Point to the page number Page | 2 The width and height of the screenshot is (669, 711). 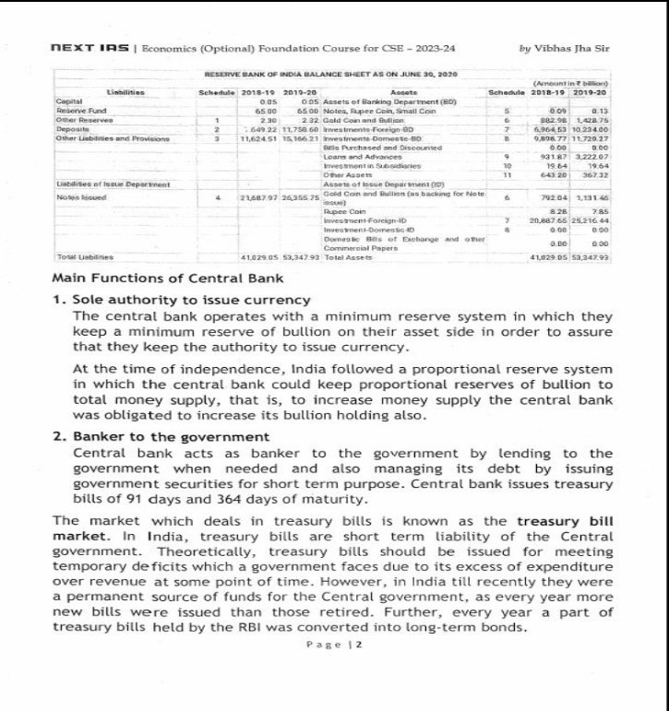pyautogui.click(x=334, y=645)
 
